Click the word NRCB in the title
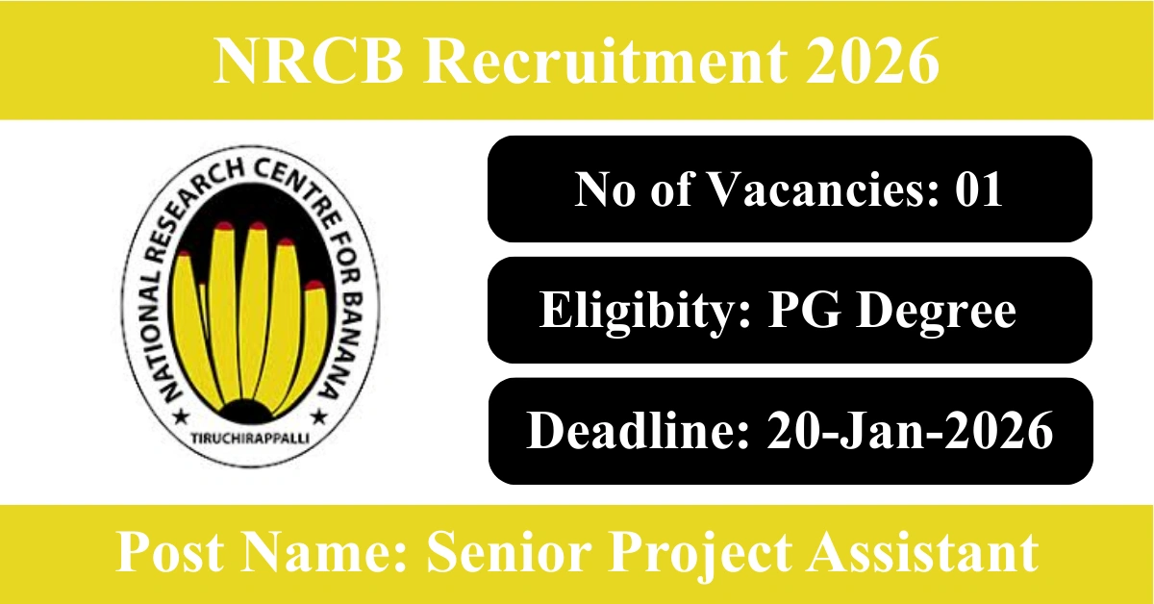point(309,61)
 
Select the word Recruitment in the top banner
point(605,61)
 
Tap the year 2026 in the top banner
point(873,61)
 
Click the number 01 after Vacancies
point(979,189)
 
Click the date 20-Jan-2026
point(910,431)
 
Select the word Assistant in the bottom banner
point(923,552)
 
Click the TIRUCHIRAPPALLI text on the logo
point(250,439)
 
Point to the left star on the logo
point(182,415)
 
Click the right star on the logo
point(319,415)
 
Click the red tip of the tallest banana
point(257,226)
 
